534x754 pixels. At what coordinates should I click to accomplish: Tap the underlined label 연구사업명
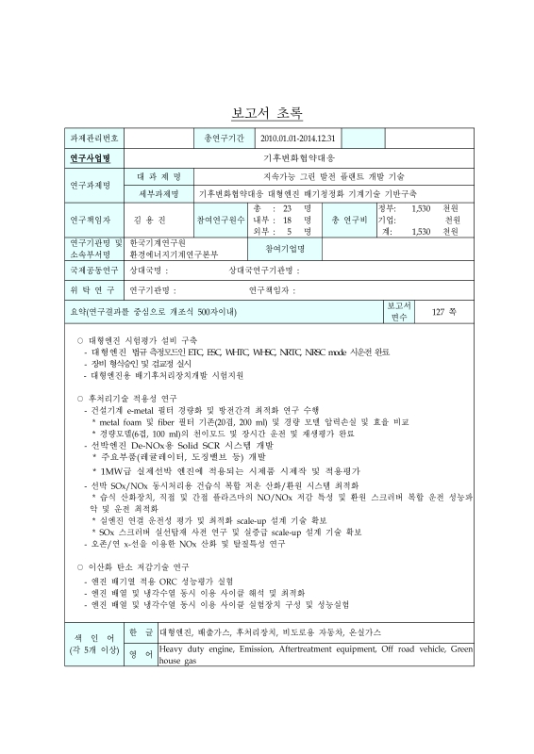92,157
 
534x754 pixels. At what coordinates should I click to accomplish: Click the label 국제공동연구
92,270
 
